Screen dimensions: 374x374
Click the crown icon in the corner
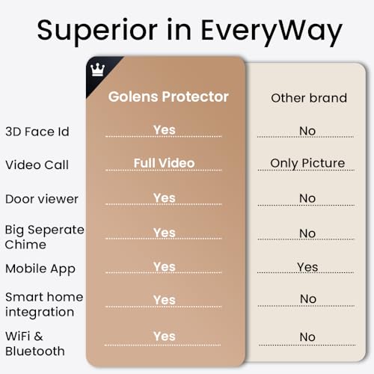(96, 69)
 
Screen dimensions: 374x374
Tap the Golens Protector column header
(168, 96)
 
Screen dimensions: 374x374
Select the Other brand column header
(308, 98)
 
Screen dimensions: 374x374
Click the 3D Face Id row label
(37, 132)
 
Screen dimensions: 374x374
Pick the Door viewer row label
(42, 199)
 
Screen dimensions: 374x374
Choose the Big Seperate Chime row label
(44, 236)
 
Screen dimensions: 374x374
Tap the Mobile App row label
(40, 269)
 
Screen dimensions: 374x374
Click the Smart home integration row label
(44, 304)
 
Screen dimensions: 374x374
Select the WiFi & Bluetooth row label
(35, 344)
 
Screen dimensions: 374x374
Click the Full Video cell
(164, 163)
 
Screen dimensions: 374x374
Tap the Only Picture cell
(307, 163)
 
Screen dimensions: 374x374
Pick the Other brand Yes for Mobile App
(307, 267)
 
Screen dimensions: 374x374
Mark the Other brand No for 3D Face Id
(307, 131)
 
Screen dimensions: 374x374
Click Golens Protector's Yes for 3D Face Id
(164, 130)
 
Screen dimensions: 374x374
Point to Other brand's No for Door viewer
(307, 198)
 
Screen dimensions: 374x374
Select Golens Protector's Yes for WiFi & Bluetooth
(164, 336)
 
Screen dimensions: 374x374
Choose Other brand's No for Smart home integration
(307, 299)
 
